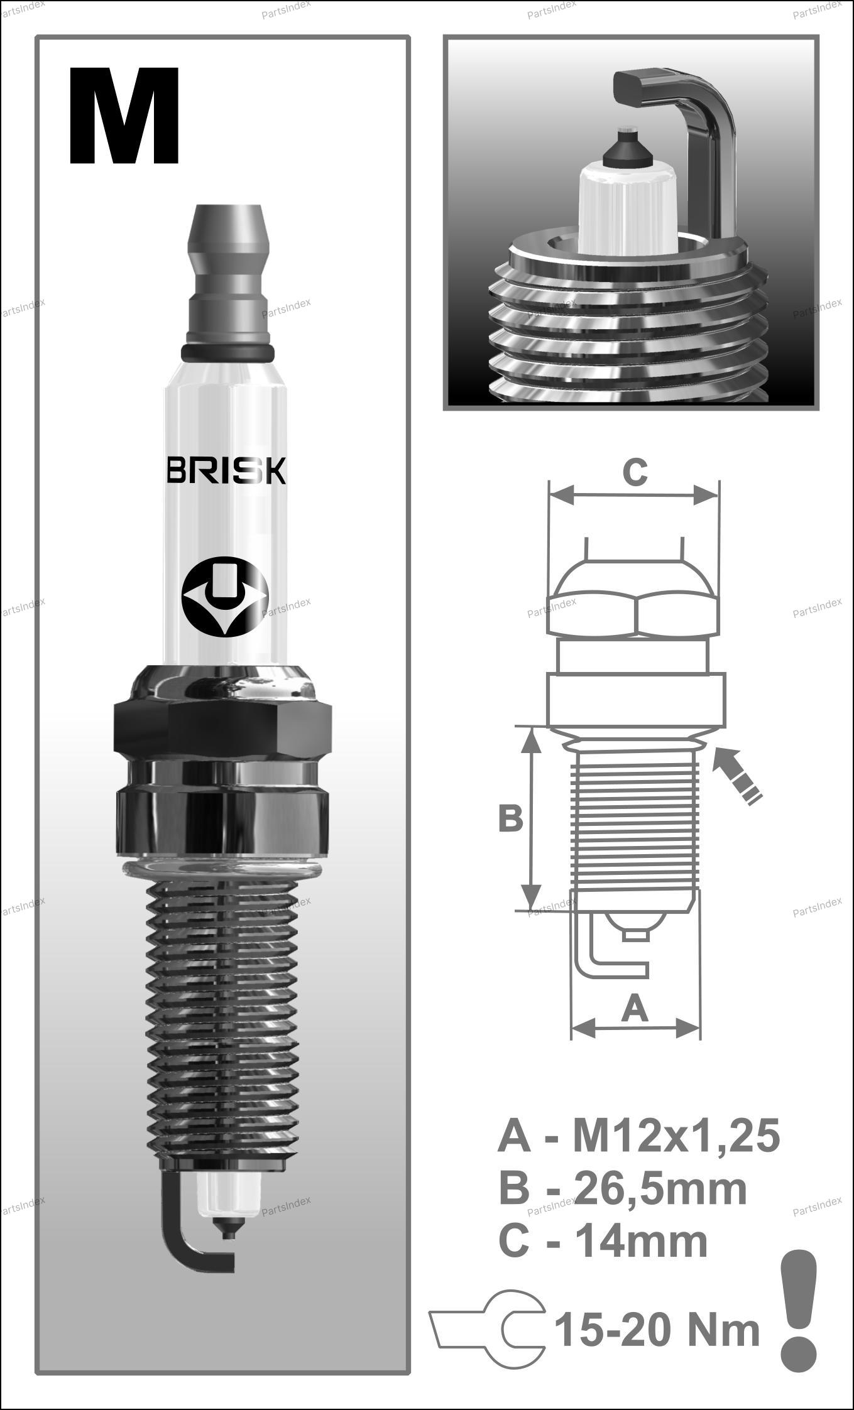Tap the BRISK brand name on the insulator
226,471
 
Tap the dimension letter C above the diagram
635,472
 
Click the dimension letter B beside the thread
510,819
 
